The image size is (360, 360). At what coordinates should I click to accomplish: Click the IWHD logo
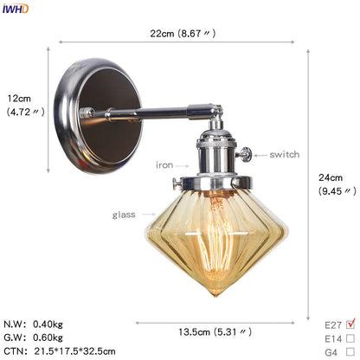15,8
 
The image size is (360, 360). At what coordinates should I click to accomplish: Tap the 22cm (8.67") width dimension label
180,35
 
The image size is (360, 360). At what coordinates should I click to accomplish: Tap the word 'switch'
284,154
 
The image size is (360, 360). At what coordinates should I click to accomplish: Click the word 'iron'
164,164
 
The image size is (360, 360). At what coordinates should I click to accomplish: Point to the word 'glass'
123,214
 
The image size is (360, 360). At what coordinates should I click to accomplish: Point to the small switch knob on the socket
247,155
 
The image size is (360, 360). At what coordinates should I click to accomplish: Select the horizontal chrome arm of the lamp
156,112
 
